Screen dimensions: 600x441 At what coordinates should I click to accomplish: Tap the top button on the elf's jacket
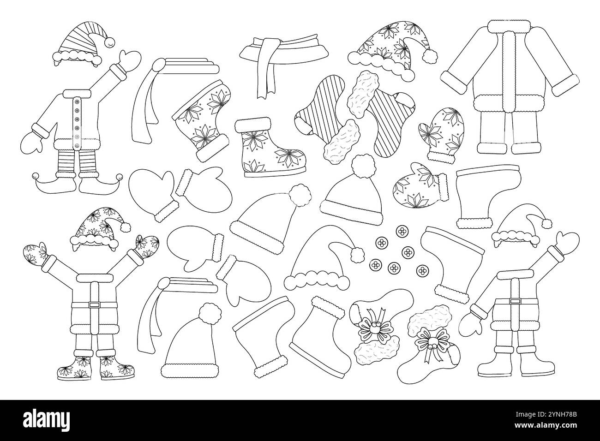[x=77, y=101]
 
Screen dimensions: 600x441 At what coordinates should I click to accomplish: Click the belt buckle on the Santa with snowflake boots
[x=94, y=304]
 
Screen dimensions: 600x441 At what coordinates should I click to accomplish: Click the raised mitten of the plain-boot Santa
[x=567, y=243]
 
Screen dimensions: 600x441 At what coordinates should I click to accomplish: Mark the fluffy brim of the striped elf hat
[x=77, y=56]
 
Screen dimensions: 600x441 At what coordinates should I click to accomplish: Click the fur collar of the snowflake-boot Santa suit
[x=94, y=278]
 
